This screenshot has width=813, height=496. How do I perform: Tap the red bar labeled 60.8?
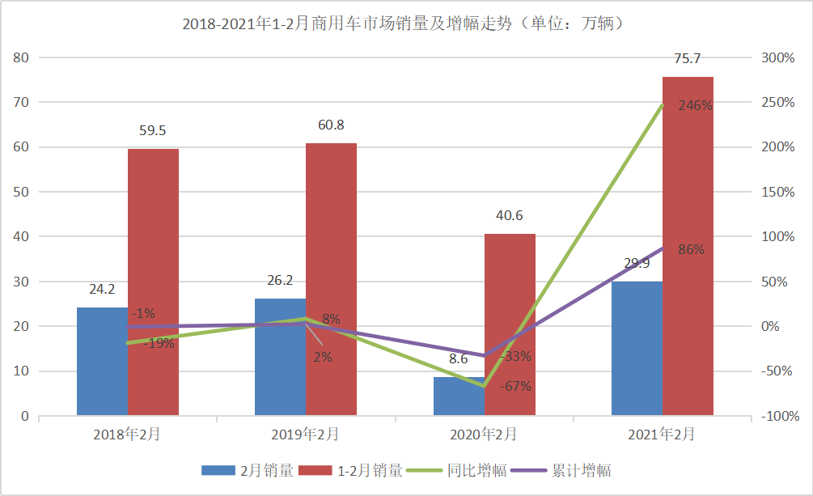point(331,279)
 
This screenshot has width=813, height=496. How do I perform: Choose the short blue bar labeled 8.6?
point(459,396)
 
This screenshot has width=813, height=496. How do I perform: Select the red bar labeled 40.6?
point(510,324)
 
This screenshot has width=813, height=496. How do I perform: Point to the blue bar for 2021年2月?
point(637,349)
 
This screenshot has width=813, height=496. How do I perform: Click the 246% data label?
point(695,105)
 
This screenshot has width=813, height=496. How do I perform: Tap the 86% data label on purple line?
point(691,249)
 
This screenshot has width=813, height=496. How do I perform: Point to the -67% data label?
point(515,386)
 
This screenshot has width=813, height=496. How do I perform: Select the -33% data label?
point(515,356)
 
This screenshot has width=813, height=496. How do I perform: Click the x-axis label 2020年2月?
point(483,435)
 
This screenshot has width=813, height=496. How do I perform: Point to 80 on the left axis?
point(21,57)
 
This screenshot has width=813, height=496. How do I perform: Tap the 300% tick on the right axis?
point(777,57)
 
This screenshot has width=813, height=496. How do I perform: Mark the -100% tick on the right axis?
point(779,416)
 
